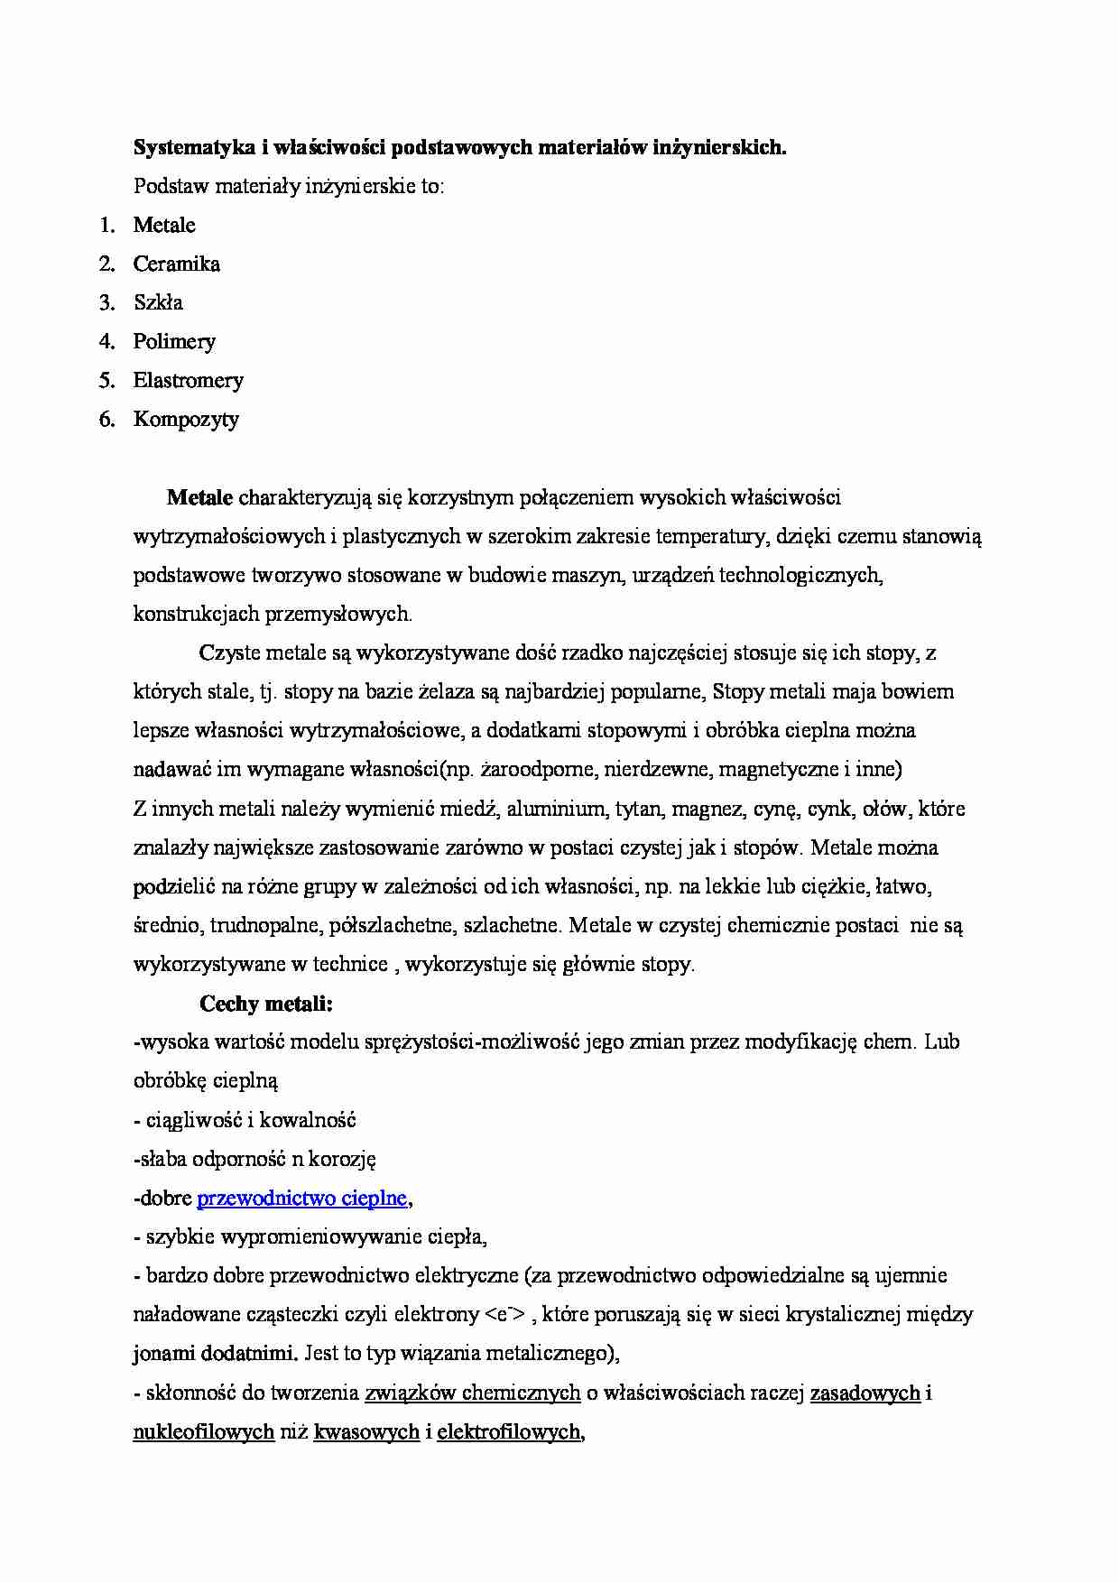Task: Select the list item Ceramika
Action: pos(176,264)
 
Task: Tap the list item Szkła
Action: pos(158,303)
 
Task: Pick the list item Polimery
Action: pos(174,342)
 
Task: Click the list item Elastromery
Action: pos(188,381)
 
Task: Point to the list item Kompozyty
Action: pos(186,420)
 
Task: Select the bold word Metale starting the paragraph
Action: pos(199,497)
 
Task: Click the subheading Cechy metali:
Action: pos(266,1004)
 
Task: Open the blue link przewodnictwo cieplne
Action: pos(302,1199)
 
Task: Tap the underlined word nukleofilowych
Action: pos(203,1432)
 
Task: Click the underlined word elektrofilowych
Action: pos(508,1432)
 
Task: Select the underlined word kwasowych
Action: pos(365,1432)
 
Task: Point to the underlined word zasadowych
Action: pos(865,1393)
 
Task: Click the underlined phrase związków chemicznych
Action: pos(472,1393)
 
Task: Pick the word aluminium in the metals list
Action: pos(555,810)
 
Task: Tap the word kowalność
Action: pos(312,1121)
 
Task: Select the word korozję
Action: pos(343,1160)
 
